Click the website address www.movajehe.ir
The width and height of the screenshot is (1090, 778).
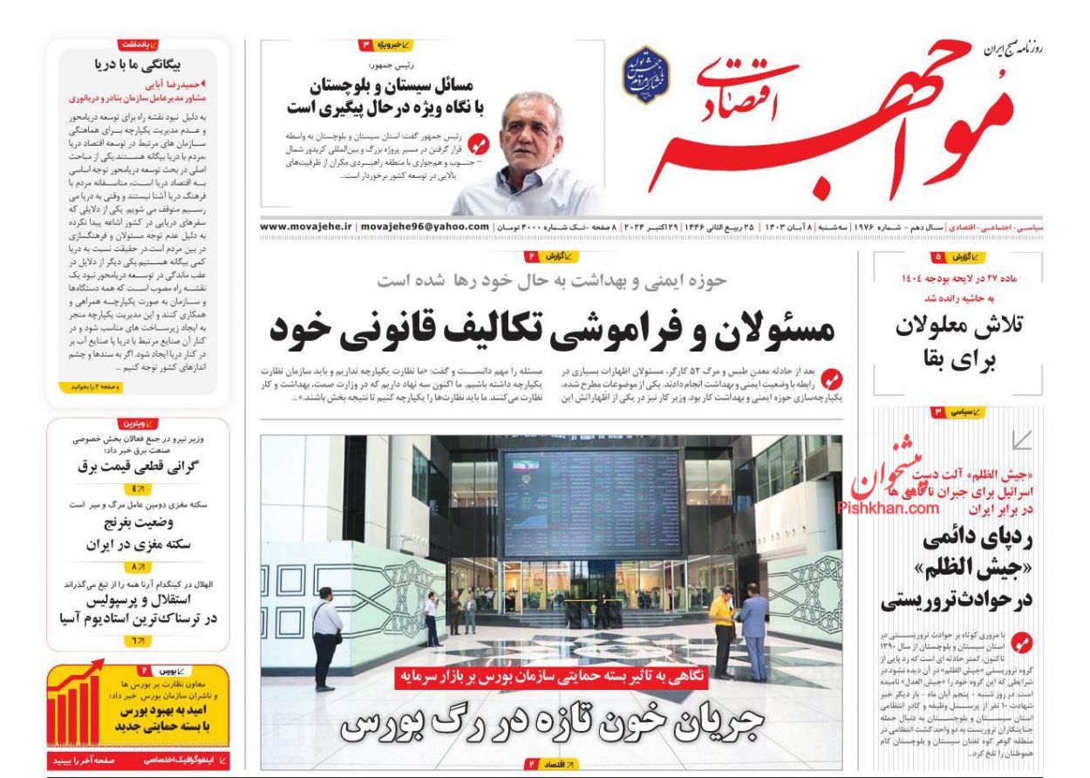(x=306, y=227)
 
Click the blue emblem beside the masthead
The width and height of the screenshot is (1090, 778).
(x=645, y=75)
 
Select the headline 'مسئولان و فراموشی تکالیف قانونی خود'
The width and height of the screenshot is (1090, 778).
(x=551, y=329)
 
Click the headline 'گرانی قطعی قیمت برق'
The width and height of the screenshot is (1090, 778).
(x=140, y=466)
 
